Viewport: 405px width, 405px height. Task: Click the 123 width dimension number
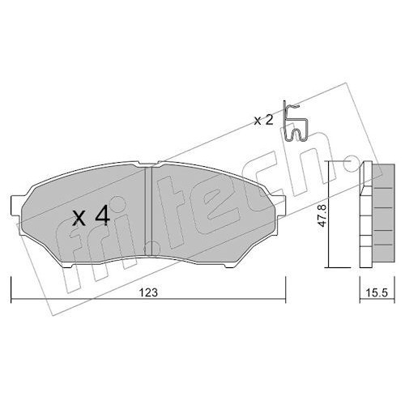click(148, 292)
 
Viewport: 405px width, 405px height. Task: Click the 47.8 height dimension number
click(322, 215)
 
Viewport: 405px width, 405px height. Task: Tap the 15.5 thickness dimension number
click(377, 293)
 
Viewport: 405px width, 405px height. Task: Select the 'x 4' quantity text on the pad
click(92, 215)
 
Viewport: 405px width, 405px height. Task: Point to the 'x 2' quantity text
click(264, 121)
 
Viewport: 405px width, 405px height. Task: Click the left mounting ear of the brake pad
click(15, 206)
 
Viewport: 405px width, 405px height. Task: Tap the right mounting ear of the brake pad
click(281, 206)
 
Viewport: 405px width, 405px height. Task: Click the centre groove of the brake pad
click(148, 211)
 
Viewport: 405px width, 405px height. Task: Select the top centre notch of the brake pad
click(148, 164)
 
